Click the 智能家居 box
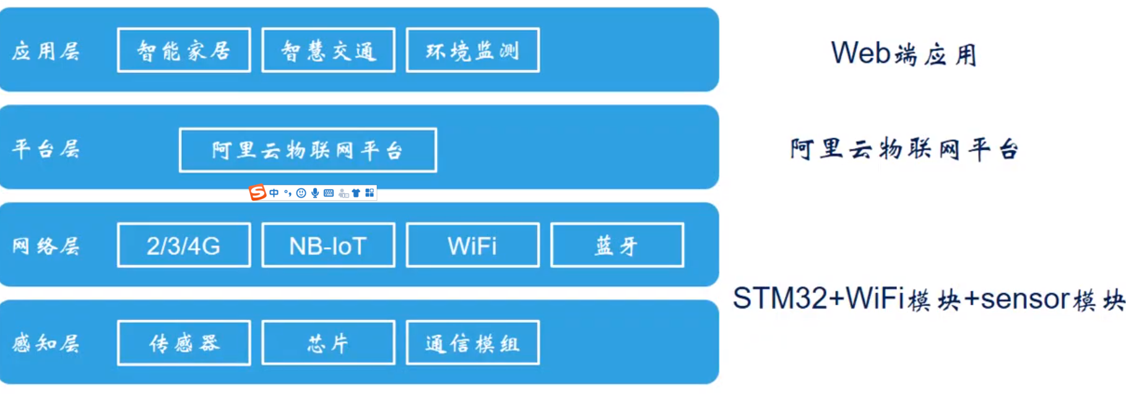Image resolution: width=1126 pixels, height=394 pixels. [184, 50]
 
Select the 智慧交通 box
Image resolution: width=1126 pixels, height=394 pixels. [328, 50]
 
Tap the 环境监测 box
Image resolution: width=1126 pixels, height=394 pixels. [472, 50]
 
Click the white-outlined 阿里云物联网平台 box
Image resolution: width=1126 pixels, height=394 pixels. [308, 150]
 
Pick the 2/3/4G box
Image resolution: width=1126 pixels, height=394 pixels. [184, 245]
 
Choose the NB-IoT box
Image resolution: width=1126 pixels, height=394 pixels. [328, 245]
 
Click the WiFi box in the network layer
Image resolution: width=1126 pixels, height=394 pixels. [472, 245]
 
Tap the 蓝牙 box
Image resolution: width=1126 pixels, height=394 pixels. [617, 245]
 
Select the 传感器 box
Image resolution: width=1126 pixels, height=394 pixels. [184, 343]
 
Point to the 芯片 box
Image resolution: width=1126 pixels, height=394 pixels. [328, 343]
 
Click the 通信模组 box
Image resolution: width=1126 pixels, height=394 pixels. [472, 343]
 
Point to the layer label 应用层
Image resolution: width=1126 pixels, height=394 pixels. [46, 51]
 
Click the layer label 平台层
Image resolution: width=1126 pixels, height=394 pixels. [46, 149]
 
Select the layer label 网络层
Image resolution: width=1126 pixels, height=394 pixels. [46, 246]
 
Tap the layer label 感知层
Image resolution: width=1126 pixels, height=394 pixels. [46, 343]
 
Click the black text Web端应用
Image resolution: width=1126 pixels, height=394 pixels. [903, 54]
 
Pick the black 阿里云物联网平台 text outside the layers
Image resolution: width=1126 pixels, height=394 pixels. [904, 149]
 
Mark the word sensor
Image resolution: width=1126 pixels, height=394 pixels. [1025, 299]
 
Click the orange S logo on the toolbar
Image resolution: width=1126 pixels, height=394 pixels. [258, 193]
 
